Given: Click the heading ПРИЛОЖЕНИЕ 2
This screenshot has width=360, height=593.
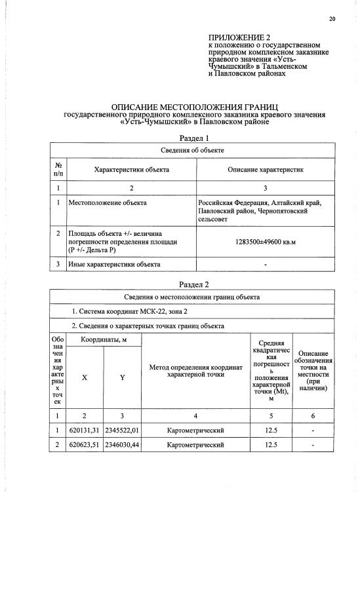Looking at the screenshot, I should click(239, 38).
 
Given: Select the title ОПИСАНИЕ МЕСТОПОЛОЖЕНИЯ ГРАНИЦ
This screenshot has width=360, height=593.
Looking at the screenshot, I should click(194, 106).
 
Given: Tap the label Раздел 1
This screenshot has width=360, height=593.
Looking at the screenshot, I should click(194, 138).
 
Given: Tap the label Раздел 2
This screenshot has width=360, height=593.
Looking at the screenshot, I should click(194, 284).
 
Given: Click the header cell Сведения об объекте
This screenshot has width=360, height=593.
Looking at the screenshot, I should click(193, 151).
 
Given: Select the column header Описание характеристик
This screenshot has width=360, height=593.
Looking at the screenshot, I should click(265, 170).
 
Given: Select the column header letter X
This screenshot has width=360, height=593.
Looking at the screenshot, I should click(85, 377).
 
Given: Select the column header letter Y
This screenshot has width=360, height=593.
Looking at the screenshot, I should click(122, 377).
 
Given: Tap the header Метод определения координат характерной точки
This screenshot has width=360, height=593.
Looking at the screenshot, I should click(195, 371).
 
